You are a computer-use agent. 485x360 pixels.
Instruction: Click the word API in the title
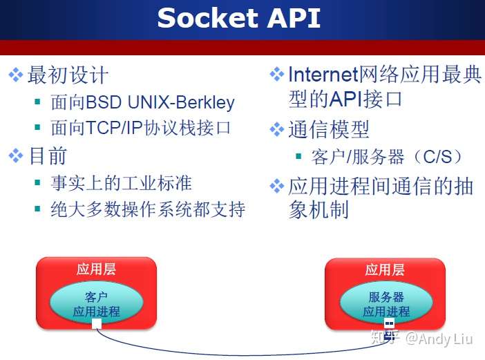click(294, 18)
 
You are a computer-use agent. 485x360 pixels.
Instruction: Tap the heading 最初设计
click(68, 75)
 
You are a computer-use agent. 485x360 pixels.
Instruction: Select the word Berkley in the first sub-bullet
click(205, 102)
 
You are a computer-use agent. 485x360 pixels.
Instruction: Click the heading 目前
click(48, 155)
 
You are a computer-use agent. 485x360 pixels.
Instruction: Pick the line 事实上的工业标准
click(122, 183)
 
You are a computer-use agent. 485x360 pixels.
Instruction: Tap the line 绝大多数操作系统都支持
click(148, 209)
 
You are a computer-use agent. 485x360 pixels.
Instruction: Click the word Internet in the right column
click(323, 75)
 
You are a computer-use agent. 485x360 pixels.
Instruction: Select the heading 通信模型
click(329, 130)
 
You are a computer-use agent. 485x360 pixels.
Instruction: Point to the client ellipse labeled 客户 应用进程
click(97, 303)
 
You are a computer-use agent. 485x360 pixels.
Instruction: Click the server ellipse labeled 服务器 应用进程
click(386, 303)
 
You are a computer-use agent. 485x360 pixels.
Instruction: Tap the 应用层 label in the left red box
click(96, 269)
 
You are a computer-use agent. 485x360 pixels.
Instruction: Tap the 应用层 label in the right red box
click(385, 269)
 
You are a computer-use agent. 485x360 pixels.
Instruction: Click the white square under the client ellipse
click(97, 324)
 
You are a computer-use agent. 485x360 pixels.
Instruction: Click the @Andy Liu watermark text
click(439, 339)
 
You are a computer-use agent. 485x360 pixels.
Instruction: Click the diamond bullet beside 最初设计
click(16, 75)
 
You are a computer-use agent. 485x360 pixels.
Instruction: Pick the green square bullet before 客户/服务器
click(298, 156)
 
